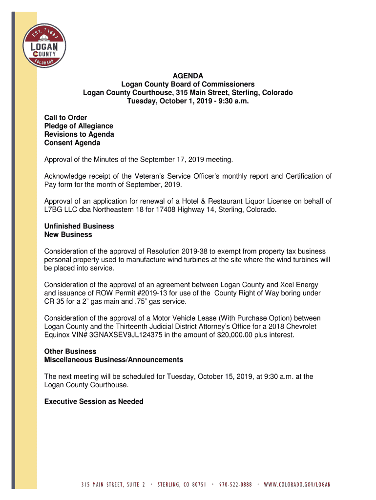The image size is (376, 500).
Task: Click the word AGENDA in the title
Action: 188,76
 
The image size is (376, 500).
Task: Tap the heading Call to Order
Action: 66,118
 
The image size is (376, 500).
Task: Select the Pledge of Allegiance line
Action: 79,126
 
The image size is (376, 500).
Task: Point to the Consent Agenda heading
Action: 72,143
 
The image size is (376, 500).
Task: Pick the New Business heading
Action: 68,234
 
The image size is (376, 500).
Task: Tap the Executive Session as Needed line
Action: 94,401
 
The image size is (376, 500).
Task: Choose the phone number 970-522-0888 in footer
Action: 235,485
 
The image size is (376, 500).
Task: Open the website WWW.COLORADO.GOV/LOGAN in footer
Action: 297,485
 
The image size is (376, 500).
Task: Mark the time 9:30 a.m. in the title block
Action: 229,101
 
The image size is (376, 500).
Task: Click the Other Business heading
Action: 63,351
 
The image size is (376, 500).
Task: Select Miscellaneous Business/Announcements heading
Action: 114,359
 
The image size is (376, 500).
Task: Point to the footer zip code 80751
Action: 197,485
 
